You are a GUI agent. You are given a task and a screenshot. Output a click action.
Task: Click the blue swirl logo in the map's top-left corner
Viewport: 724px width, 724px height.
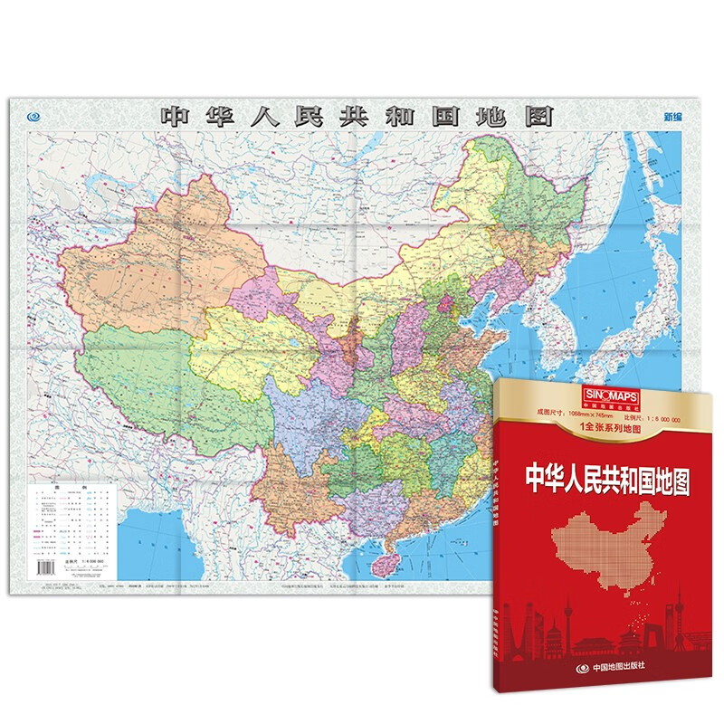pos(34,116)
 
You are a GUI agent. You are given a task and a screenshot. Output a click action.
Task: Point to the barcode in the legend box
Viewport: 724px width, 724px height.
pos(45,566)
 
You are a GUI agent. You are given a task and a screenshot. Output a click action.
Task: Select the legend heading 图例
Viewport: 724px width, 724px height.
pos(74,486)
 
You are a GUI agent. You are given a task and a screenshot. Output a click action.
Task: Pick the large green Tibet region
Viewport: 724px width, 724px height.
pos(154,371)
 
